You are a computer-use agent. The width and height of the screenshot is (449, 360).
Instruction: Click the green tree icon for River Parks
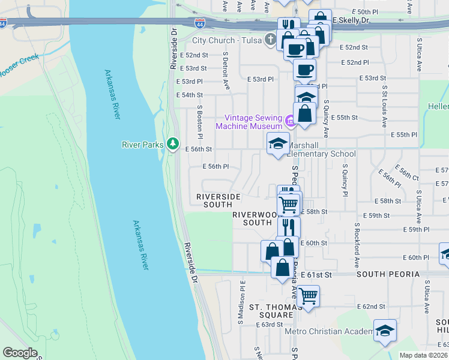click(173, 143)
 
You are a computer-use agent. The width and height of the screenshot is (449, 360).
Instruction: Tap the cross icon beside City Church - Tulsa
click(270, 40)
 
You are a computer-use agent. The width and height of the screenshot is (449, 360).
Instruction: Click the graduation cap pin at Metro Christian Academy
click(385, 330)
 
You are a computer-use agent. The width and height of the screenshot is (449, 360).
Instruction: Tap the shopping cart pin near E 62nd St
click(308, 295)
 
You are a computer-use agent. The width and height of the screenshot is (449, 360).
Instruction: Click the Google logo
click(20, 353)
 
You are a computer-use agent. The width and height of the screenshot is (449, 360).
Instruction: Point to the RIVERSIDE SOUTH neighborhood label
click(218, 200)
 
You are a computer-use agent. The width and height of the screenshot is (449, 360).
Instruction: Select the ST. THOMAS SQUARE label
click(276, 310)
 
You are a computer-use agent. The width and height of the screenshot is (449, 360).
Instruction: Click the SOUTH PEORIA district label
click(388, 274)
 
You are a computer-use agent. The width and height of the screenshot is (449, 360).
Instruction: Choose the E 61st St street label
click(316, 274)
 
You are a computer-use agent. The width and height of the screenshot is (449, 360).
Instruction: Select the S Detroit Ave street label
click(226, 71)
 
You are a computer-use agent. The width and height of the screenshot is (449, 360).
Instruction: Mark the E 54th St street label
click(189, 95)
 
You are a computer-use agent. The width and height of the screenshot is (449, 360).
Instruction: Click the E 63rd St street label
click(268, 325)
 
